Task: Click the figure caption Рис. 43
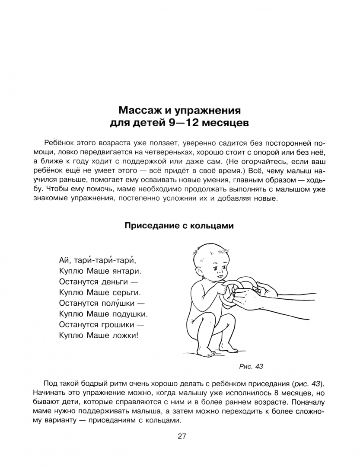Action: coord(251,366)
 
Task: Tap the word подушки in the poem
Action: coord(130,313)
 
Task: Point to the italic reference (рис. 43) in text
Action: coord(307,384)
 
